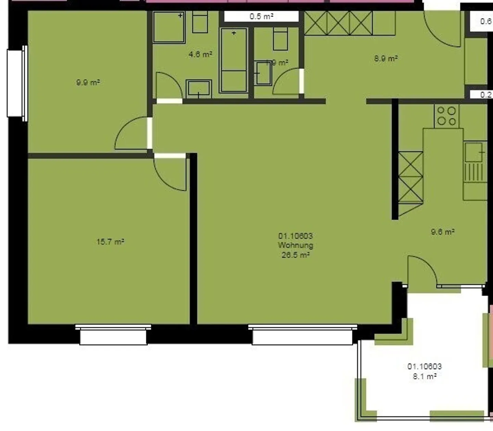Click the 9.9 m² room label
click(88, 83)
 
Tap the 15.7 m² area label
click(110, 242)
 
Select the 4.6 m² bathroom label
click(200, 54)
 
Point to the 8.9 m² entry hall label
click(385, 58)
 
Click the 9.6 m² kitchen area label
click(442, 232)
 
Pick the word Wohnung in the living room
click(295, 245)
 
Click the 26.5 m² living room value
click(295, 255)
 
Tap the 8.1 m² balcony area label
click(425, 376)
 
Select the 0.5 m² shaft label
click(261, 16)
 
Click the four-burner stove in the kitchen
click(447, 116)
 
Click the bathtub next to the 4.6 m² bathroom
click(234, 60)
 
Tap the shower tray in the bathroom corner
click(169, 27)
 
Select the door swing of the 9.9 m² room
click(132, 134)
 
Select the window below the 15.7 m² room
click(113, 335)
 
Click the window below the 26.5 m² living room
click(303, 335)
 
